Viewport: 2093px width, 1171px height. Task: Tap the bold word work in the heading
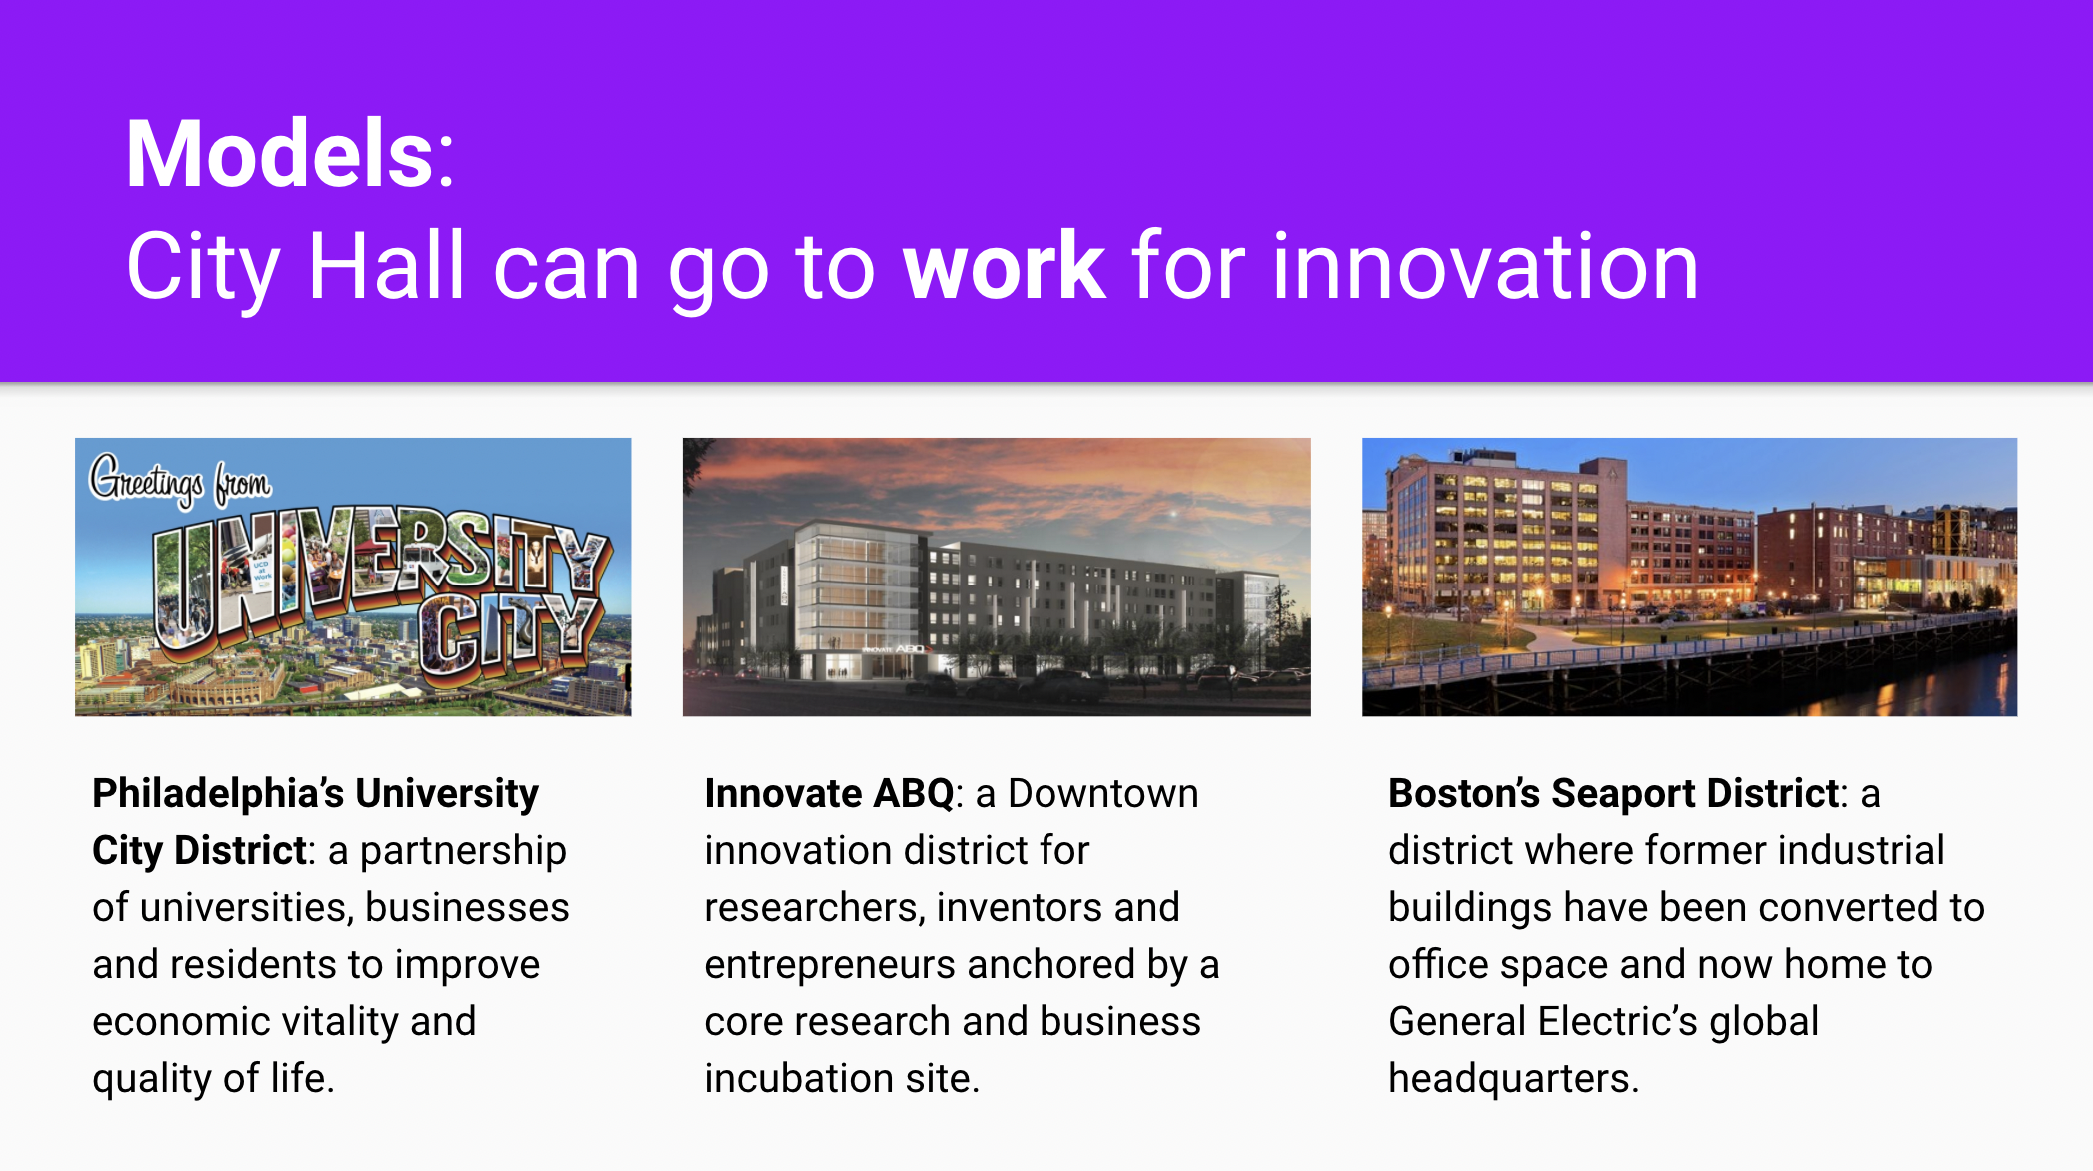[x=1004, y=266]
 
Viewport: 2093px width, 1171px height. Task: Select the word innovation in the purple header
[x=1485, y=266]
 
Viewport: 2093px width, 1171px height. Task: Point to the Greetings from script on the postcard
[x=180, y=480]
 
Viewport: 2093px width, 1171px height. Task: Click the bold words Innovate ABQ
[x=829, y=793]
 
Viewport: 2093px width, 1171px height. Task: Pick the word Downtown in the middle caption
[x=1102, y=793]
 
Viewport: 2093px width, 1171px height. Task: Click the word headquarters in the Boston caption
[x=1513, y=1080]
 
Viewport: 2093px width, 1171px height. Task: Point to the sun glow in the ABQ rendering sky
[x=1175, y=514]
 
